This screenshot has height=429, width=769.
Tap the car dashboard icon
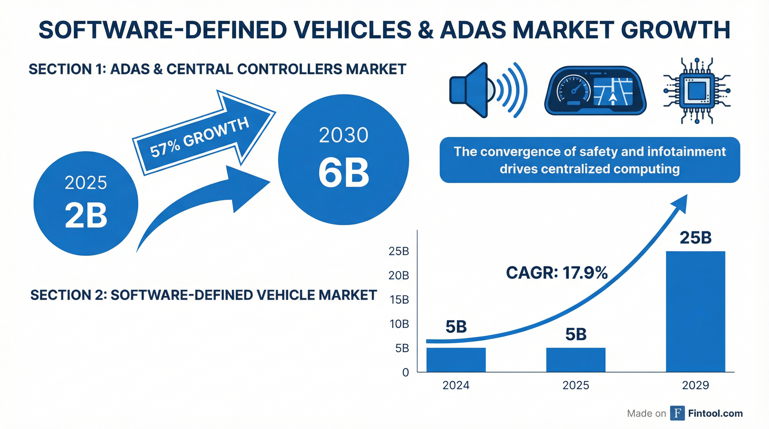click(595, 90)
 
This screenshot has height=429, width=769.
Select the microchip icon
click(697, 90)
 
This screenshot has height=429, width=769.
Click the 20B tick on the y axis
click(398, 275)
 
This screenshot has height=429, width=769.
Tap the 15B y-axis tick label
click(398, 299)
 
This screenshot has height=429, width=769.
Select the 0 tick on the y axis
click(405, 372)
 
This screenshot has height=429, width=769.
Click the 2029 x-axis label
click(695, 385)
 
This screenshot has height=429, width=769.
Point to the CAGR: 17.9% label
click(557, 273)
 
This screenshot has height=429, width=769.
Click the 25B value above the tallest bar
click(696, 238)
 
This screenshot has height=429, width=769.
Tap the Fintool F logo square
click(677, 413)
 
